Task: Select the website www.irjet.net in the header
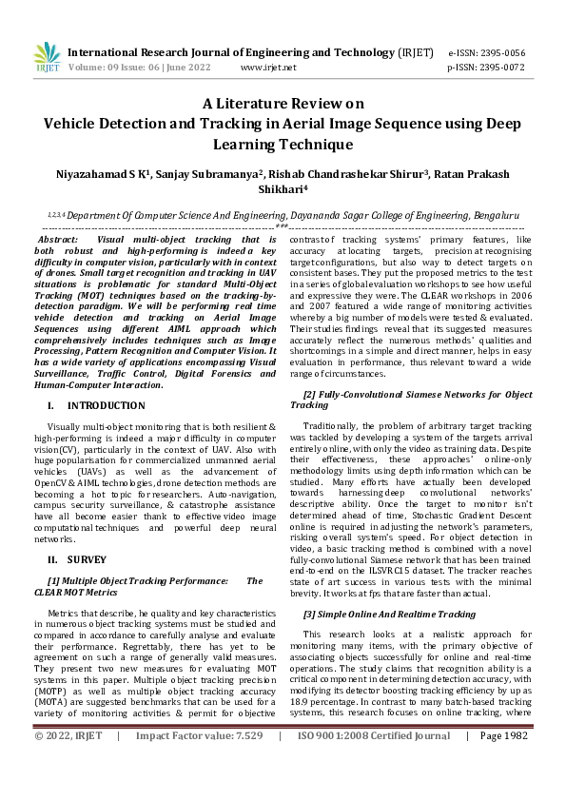(x=268, y=68)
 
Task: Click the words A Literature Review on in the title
(x=283, y=105)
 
